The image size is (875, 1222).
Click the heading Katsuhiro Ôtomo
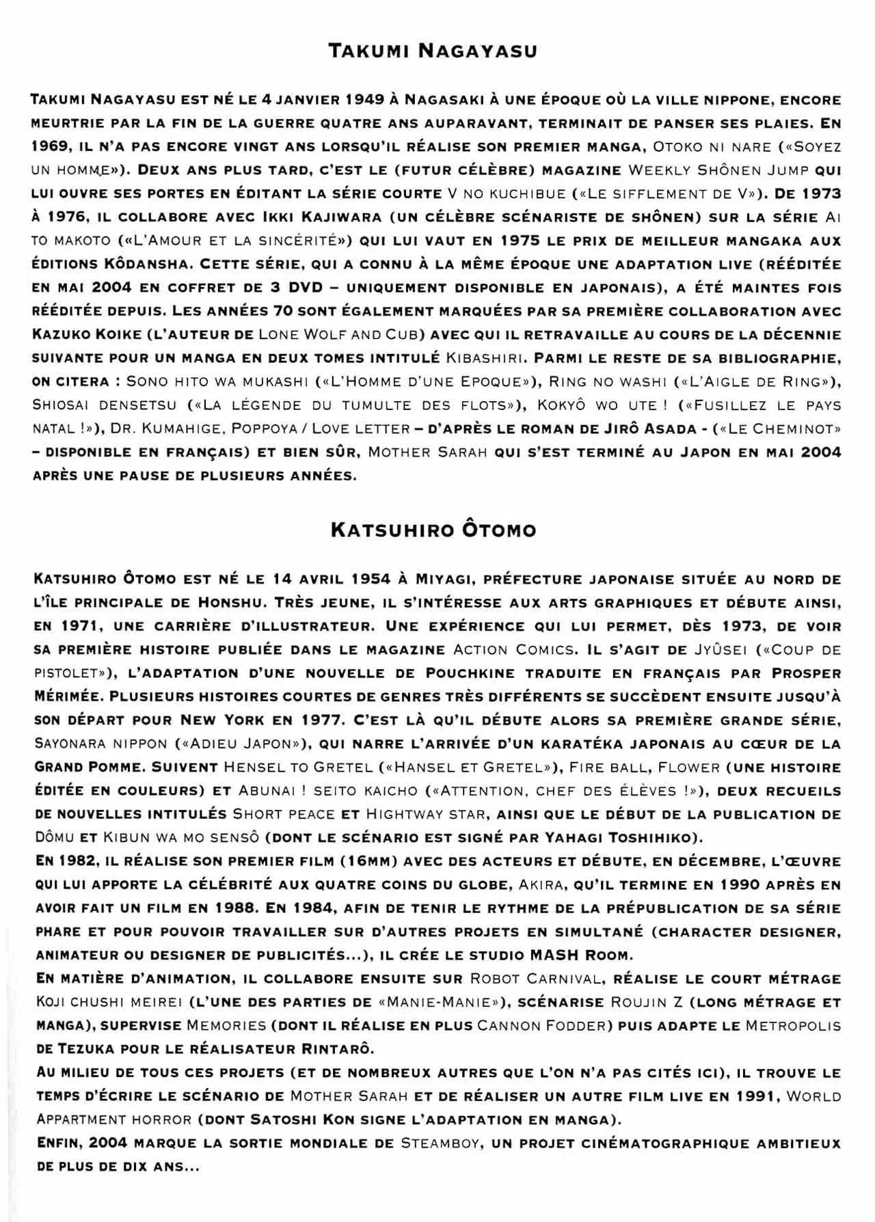point(433,530)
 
